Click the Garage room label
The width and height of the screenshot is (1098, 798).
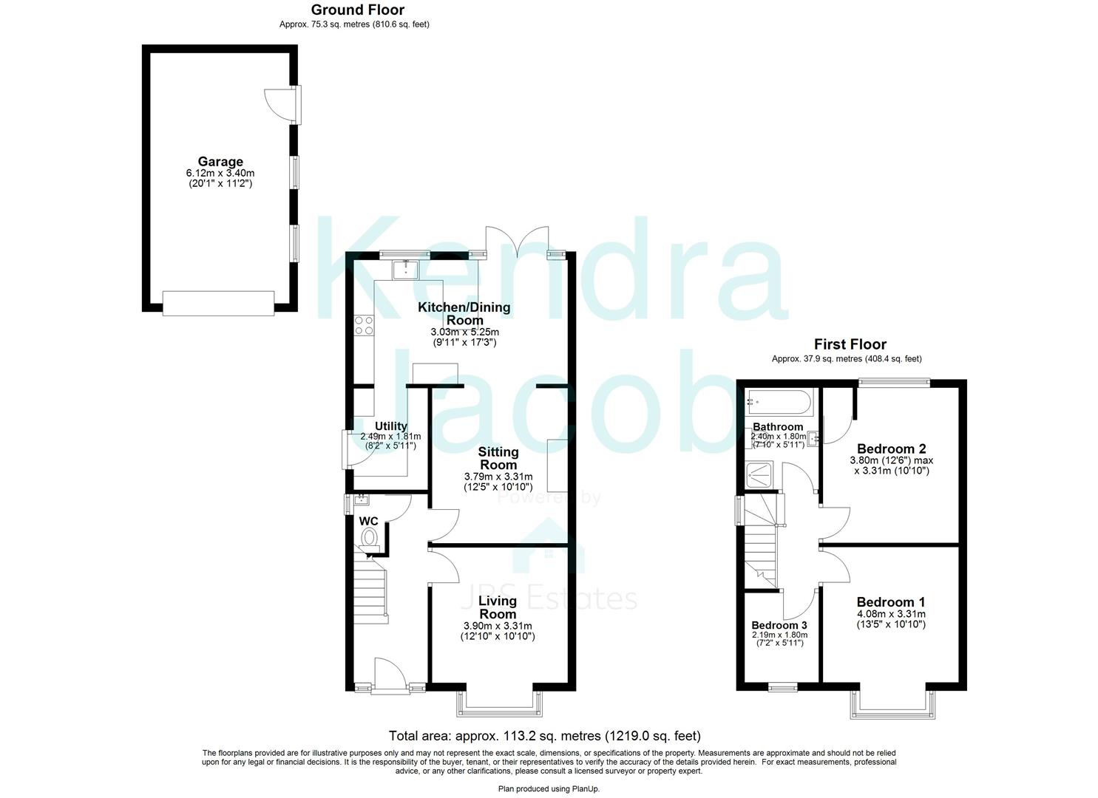pos(220,162)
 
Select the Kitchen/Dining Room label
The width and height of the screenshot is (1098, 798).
pos(464,313)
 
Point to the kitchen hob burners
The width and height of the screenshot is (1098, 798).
pos(363,325)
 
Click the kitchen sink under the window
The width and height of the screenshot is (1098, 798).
pos(405,270)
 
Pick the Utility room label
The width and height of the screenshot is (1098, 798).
pos(390,426)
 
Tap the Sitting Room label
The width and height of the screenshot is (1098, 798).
pos(498,458)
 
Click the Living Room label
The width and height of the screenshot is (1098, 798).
pos(497,607)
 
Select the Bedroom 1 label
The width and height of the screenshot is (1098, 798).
pos(890,602)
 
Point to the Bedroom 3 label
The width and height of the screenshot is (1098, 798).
pos(779,625)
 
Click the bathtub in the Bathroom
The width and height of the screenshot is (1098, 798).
pos(779,403)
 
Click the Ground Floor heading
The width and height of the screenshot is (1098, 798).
pos(357,10)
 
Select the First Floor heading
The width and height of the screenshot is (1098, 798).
pos(850,344)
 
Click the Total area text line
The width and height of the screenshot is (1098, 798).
pos(544,736)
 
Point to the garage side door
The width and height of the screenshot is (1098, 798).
pos(281,105)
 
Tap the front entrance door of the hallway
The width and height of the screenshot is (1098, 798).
pos(390,676)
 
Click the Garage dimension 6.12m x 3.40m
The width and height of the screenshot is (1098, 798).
pos(220,174)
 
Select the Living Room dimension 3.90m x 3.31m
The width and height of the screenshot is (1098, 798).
pos(497,626)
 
